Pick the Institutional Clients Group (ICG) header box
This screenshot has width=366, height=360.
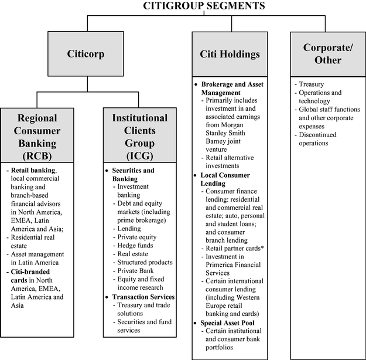click(x=139, y=136)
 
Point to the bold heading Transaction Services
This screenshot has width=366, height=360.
click(x=143, y=297)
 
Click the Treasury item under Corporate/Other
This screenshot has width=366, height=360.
click(x=311, y=84)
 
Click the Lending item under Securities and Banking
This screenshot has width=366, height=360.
click(x=129, y=228)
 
